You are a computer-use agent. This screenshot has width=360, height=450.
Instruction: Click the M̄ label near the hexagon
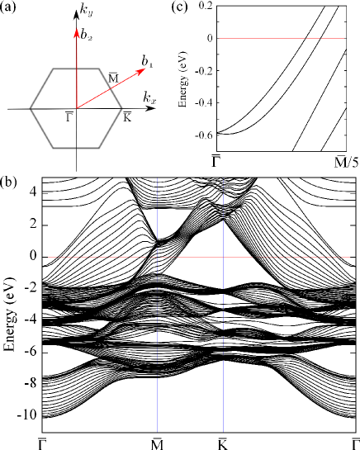coord(113,77)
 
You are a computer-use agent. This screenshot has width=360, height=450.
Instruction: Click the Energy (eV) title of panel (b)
coord(10,304)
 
